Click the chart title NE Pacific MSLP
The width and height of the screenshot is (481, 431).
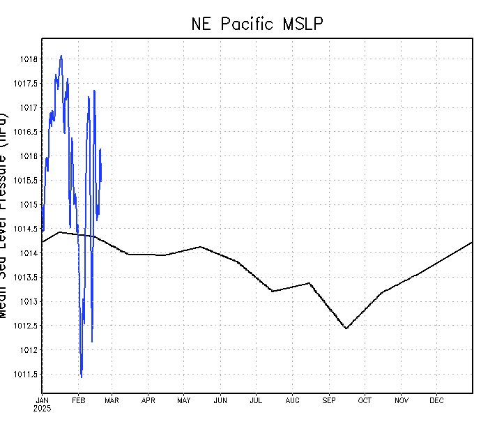pos(257,24)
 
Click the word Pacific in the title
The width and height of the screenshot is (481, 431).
pos(252,24)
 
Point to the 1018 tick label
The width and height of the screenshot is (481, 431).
pos(28,59)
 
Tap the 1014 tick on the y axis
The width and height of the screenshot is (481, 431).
pos(28,253)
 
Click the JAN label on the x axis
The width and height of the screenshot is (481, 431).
pos(42,400)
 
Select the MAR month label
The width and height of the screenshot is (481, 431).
pos(112,400)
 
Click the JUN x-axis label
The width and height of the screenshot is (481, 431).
pos(220,400)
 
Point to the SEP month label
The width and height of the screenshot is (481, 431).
pos(329,400)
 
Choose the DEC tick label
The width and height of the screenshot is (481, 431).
pos(436,400)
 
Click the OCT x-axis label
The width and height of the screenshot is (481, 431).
pos(365,400)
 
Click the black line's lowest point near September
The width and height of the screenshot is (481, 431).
pos(346,328)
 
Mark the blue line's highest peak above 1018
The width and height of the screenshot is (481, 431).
pos(61,56)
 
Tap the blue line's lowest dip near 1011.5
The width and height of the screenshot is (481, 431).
pos(82,377)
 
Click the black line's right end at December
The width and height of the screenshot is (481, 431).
pos(472,243)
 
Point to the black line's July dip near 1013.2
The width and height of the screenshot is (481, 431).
pos(273,291)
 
